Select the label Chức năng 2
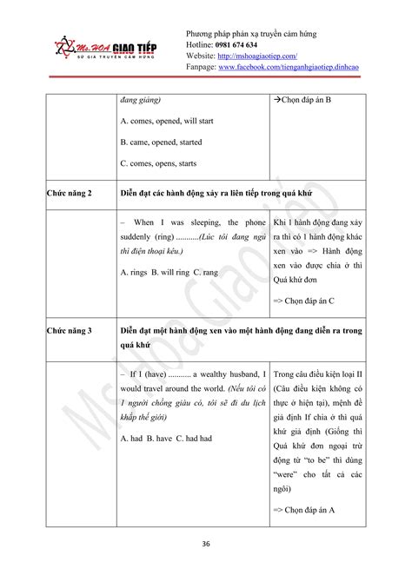(x=71, y=191)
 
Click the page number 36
(x=206, y=543)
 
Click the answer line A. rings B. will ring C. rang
(x=169, y=272)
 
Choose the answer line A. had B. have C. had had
(x=166, y=439)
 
